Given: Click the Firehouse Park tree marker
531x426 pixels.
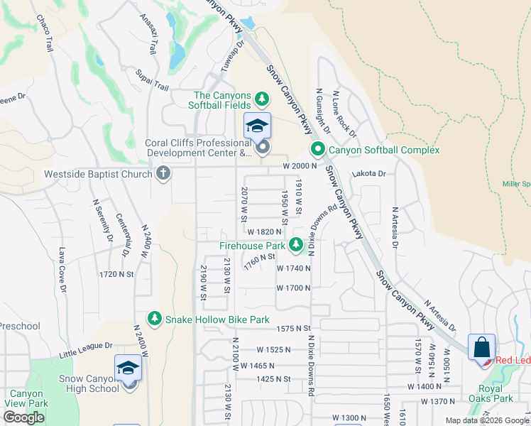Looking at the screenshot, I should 297,246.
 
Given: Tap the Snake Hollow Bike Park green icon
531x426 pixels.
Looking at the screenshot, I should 154,319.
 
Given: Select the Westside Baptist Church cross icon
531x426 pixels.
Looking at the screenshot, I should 163,174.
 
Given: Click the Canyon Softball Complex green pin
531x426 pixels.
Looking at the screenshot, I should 317,150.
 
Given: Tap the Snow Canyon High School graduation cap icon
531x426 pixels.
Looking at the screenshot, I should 128,368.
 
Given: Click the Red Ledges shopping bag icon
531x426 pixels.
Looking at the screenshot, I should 481,348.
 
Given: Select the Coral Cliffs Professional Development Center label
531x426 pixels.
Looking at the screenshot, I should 198,147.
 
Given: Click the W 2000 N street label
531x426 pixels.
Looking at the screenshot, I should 297,166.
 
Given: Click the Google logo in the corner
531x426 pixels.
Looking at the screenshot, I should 23,418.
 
